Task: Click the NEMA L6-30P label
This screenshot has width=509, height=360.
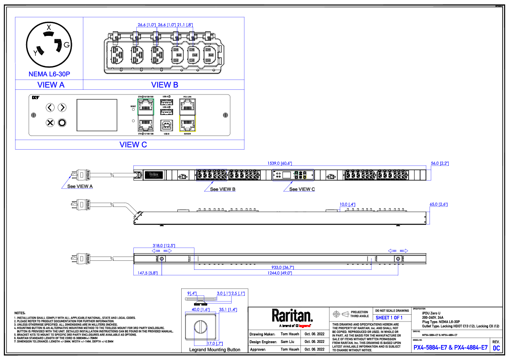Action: tap(49, 74)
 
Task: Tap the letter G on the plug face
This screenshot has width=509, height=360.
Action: tap(67, 45)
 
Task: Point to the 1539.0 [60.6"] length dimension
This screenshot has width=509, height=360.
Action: tap(280, 163)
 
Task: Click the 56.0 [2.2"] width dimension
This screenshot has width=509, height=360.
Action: tap(439, 163)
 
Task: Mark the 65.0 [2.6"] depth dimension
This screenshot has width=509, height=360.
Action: tap(438, 205)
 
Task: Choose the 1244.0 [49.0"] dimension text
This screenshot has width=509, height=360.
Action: tap(280, 273)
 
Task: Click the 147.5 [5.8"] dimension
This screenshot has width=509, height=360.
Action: tap(146, 273)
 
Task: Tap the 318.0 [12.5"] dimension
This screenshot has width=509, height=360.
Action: tap(164, 245)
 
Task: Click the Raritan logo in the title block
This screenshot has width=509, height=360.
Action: tap(292, 316)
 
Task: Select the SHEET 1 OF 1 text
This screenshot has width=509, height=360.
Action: tap(389, 318)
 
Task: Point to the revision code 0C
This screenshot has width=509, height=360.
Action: tap(496, 348)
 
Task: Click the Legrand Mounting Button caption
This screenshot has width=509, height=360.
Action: tap(215, 350)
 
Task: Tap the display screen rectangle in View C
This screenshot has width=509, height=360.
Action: tap(97, 115)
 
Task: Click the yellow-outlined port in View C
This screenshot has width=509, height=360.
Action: tap(188, 124)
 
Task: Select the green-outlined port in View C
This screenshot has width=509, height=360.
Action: tap(145, 105)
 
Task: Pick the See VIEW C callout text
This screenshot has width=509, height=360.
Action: tap(302, 189)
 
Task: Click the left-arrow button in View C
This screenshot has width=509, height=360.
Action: tap(50, 107)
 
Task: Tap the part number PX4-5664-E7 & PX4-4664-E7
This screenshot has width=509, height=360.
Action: tap(450, 348)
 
